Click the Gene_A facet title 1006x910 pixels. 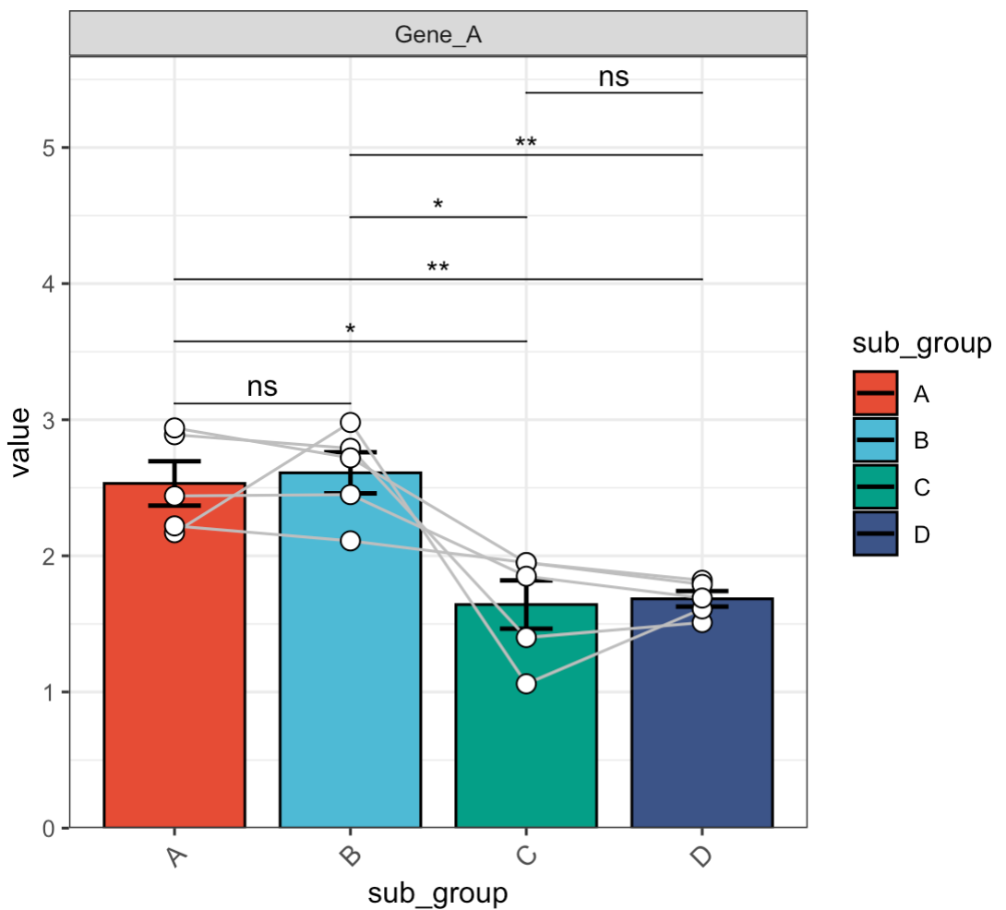[439, 35]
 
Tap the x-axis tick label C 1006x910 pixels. [526, 856]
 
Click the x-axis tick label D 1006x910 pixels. [701, 856]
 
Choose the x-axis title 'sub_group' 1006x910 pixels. [438, 894]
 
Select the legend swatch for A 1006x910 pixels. [875, 394]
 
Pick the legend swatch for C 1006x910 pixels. [875, 486]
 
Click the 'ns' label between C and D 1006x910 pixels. [614, 78]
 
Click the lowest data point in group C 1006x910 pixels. [526, 684]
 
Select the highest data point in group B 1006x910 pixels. [350, 422]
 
